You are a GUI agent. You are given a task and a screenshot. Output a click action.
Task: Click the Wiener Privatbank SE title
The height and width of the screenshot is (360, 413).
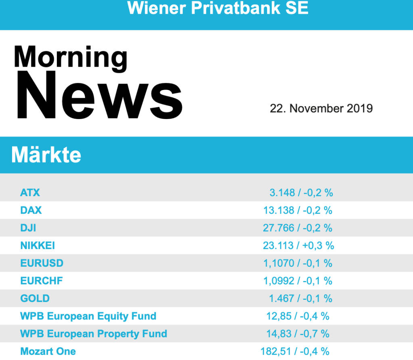(x=218, y=8)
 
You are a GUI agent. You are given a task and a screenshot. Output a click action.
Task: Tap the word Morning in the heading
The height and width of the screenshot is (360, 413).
(x=71, y=57)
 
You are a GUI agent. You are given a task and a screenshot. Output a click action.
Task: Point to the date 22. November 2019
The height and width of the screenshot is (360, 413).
(x=321, y=108)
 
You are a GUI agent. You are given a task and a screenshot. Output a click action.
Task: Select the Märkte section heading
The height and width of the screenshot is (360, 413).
(x=46, y=155)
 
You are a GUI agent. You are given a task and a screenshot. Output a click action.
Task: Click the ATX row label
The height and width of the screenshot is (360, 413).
(x=30, y=193)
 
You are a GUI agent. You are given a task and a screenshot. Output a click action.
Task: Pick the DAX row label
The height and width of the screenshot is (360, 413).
(x=31, y=210)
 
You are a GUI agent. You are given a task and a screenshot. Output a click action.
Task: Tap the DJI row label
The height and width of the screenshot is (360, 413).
(x=28, y=228)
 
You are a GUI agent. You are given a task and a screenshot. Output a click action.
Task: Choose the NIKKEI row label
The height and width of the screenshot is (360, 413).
(x=38, y=245)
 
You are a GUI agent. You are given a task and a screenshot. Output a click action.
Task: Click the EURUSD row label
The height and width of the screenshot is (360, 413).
(x=42, y=263)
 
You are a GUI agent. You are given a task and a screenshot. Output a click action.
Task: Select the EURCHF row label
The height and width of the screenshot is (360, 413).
(x=42, y=281)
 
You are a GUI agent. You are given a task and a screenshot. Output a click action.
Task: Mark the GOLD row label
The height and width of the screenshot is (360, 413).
(x=35, y=299)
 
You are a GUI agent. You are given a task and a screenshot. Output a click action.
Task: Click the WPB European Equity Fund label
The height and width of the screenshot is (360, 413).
(x=88, y=316)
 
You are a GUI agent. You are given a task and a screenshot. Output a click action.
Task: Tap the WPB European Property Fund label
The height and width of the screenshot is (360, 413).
(x=94, y=334)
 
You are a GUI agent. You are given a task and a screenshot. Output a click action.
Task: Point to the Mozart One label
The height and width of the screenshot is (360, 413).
(x=48, y=352)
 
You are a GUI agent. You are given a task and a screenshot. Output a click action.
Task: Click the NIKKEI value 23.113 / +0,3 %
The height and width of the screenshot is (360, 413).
(x=298, y=245)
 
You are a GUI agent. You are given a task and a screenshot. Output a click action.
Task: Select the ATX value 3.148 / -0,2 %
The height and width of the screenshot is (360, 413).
(x=301, y=193)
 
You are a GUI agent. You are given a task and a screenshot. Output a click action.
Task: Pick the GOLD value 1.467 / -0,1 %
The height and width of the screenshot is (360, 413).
(x=301, y=299)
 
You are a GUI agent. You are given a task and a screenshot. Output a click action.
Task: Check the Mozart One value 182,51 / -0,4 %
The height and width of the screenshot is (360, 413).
(x=295, y=352)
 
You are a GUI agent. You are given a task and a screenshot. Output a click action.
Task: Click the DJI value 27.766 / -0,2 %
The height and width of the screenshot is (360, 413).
(x=298, y=228)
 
